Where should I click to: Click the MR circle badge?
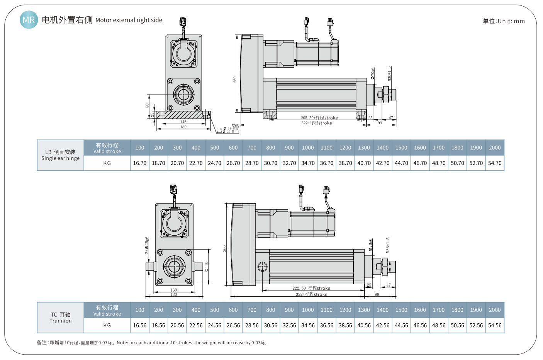[29, 20]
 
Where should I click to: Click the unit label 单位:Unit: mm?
[504, 21]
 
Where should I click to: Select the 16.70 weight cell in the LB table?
[140, 163]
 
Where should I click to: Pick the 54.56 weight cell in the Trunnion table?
[494, 325]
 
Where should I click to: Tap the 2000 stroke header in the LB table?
[494, 148]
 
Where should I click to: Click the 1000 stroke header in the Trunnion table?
[308, 310]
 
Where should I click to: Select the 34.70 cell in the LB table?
[308, 163]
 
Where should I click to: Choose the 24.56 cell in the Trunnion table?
[214, 325]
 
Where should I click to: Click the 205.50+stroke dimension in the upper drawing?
[319, 118]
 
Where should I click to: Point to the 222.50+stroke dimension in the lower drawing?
[311, 288]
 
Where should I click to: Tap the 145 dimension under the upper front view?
[183, 122]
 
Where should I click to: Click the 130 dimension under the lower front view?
[174, 290]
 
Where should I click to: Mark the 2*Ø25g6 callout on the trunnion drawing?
[147, 245]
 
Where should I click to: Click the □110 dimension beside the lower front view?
[207, 266]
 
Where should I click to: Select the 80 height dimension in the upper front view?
[147, 105]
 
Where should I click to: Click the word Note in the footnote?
[122, 343]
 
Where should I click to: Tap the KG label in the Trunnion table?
[107, 325]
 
